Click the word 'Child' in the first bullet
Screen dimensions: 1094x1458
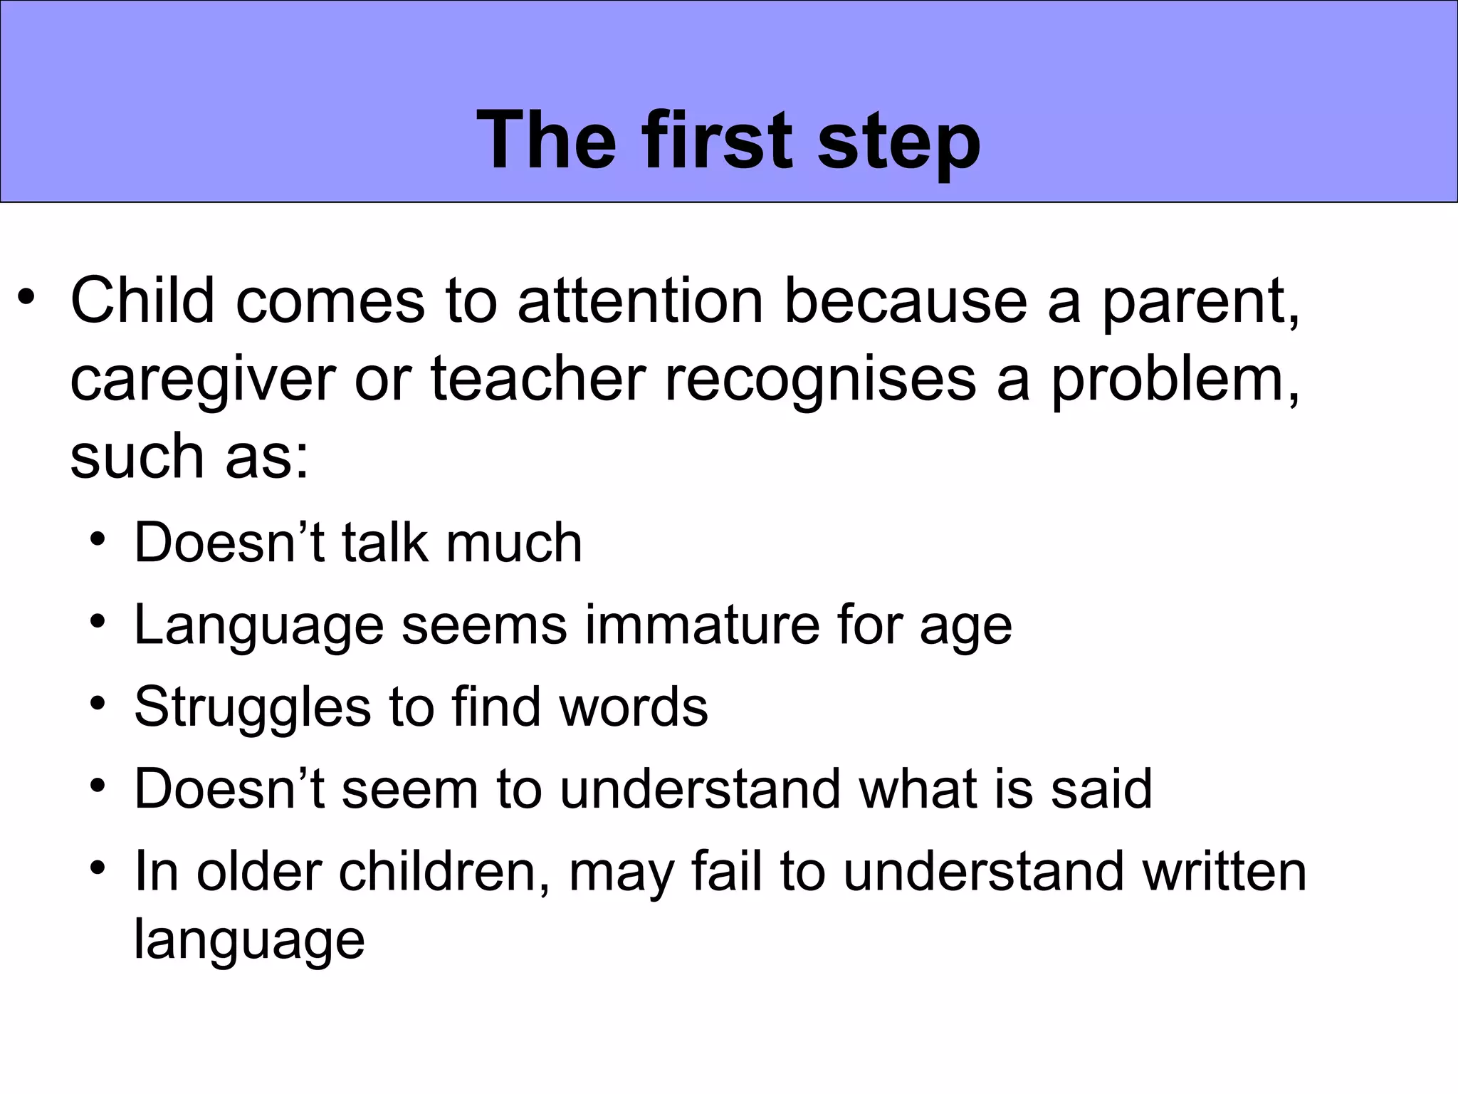click(x=142, y=301)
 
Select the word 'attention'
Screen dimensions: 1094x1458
click(x=640, y=301)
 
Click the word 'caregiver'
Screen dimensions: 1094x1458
click(x=202, y=379)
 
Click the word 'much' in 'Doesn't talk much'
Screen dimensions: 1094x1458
click(x=513, y=543)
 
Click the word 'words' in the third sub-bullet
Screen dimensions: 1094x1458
click(x=633, y=707)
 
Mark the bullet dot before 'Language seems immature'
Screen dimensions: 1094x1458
click(x=98, y=622)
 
